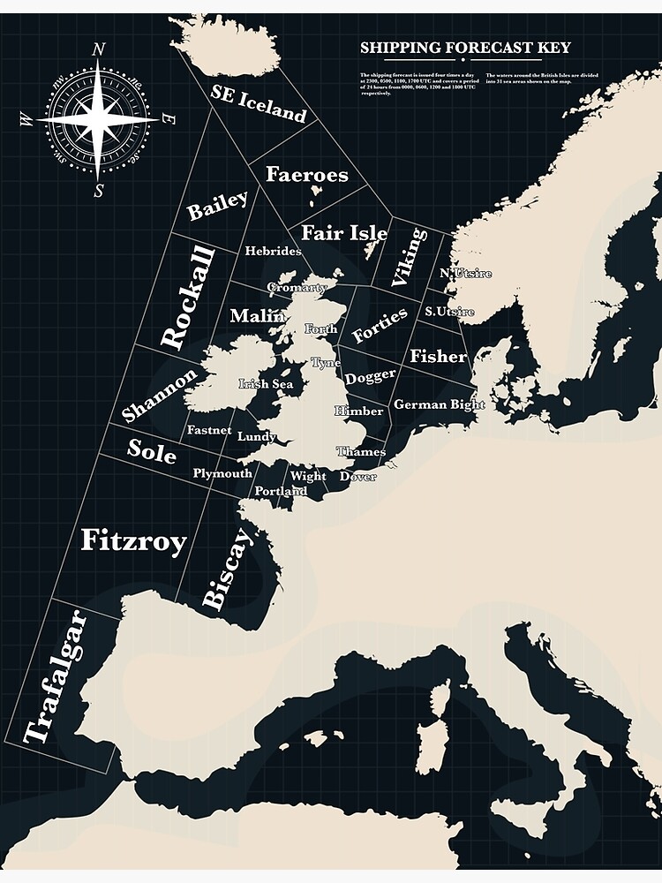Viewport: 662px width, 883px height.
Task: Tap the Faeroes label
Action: pos(306,175)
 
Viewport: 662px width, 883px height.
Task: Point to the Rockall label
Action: pos(188,298)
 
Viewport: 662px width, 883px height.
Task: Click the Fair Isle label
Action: pos(344,233)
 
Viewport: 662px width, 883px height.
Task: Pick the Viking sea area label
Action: pos(409,255)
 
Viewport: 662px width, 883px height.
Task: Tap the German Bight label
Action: pos(439,404)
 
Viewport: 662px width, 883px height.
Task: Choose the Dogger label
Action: pos(370,376)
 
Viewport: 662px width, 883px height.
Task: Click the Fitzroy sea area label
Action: pos(133,540)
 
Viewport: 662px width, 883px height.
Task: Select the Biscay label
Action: pos(227,570)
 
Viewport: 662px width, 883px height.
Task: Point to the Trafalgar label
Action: pos(56,676)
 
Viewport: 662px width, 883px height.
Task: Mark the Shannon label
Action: pos(160,395)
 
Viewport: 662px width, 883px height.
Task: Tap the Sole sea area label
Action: pos(152,450)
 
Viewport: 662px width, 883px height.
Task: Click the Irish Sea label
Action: pos(266,384)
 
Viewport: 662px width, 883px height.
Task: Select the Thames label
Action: pos(361,452)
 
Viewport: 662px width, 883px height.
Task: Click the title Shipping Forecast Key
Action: pos(465,48)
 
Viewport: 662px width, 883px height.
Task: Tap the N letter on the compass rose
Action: pos(99,50)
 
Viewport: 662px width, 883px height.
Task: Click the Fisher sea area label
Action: pos(438,356)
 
